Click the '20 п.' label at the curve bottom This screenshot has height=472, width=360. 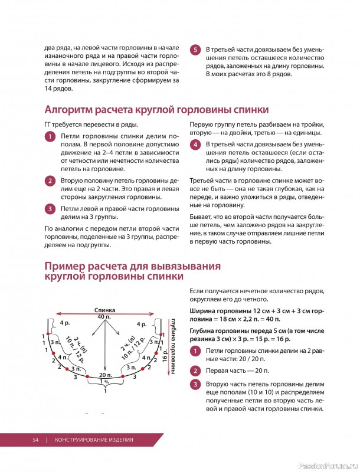point(106,375)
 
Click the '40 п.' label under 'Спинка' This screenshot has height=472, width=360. point(104,317)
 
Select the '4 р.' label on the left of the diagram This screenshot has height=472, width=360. point(65,323)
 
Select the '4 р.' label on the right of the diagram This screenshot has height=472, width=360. point(142,324)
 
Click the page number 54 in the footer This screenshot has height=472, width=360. point(35,440)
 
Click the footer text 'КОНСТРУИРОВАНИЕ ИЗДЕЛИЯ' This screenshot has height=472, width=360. point(94,440)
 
